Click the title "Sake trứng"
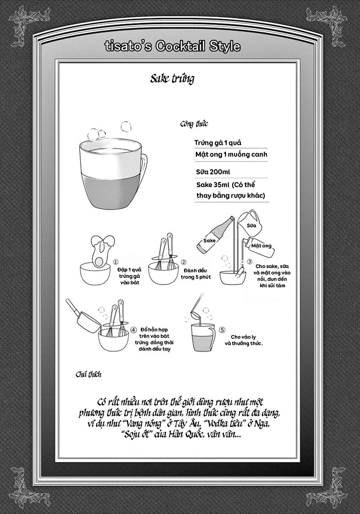[172, 78]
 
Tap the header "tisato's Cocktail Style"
[172, 46]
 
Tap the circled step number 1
[115, 262]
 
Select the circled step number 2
[183, 262]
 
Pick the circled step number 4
[133, 330]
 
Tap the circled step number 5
[222, 330]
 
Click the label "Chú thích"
[88, 375]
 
